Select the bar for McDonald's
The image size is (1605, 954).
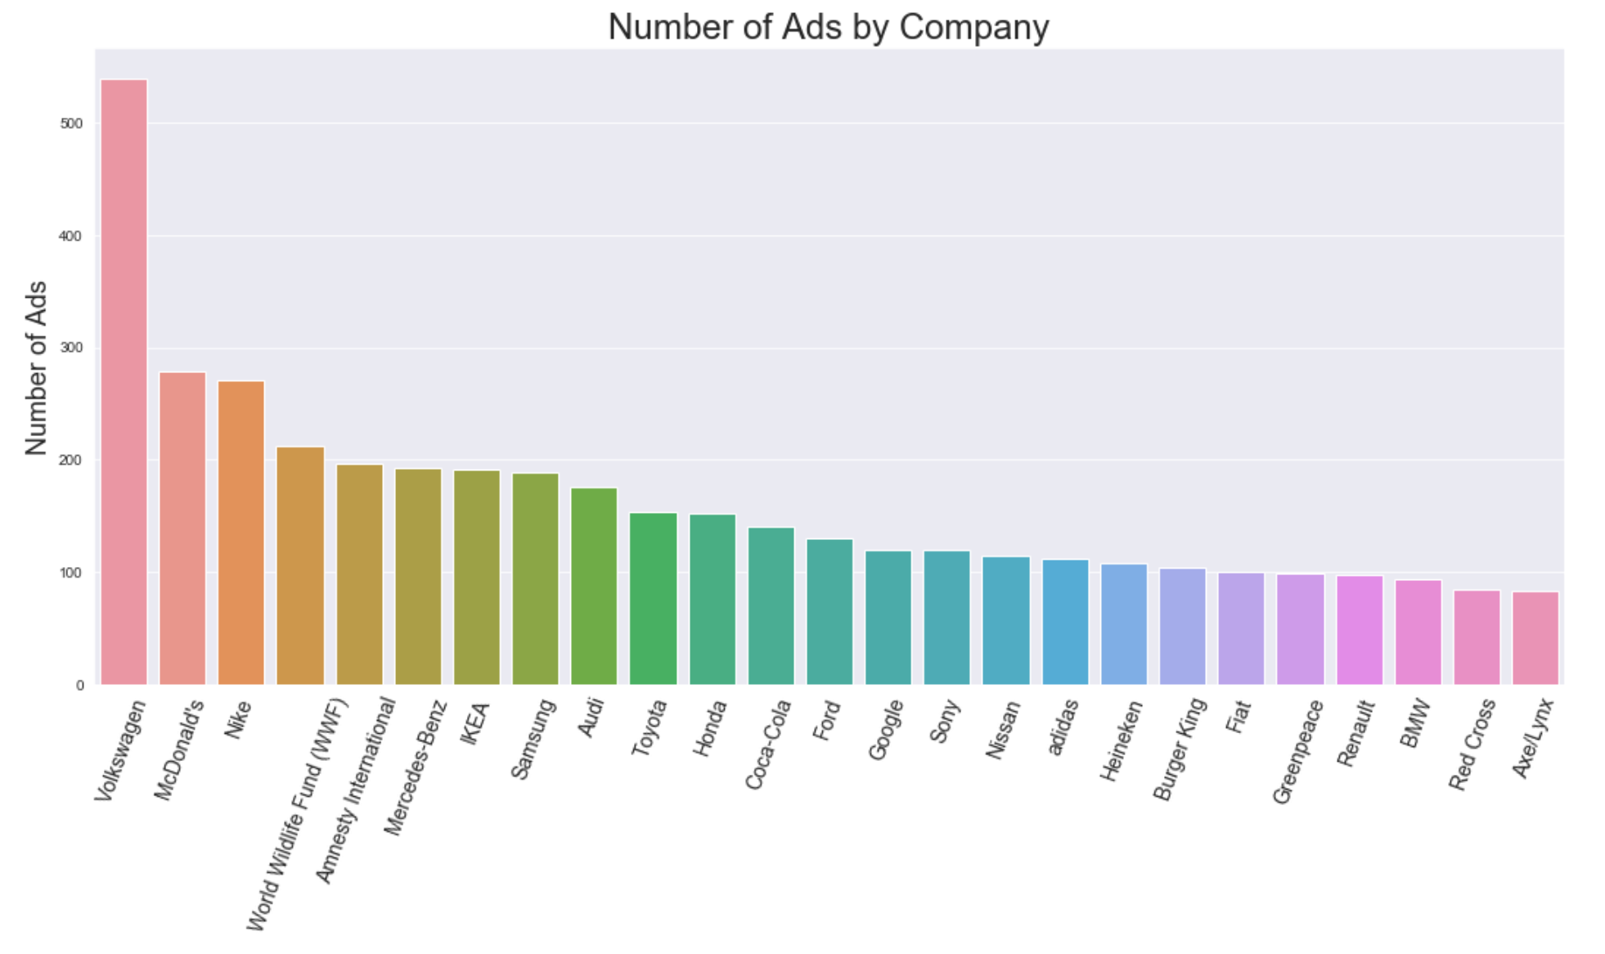[182, 528]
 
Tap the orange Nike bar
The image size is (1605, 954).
[241, 532]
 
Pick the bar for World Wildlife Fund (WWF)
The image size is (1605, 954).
[300, 565]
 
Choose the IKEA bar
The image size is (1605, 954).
[477, 577]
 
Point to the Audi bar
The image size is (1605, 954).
[594, 586]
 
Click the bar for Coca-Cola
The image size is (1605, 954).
[771, 605]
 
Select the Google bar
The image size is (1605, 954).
[888, 617]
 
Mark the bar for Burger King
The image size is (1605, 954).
[1182, 626]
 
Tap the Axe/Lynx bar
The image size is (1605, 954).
[1535, 637]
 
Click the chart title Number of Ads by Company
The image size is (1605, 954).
[828, 26]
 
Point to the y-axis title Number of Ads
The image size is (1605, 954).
[36, 367]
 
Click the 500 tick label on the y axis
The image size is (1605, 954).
[71, 124]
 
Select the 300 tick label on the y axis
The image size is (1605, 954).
[71, 348]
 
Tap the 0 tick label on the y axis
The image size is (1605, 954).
[79, 686]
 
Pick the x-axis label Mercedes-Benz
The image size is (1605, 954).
[416, 767]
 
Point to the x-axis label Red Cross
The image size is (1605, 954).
[1472, 745]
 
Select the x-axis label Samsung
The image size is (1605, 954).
[533, 739]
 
